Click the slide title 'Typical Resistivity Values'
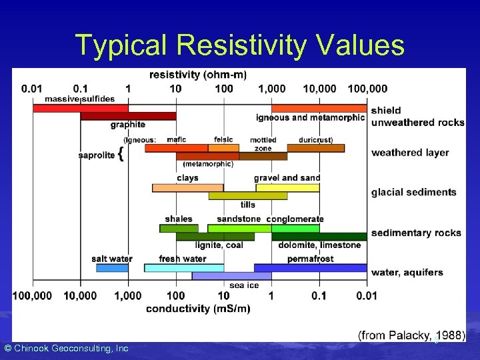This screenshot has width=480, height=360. [x=239, y=45]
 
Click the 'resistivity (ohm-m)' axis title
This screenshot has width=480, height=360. [x=198, y=75]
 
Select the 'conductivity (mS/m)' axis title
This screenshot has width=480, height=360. [x=198, y=308]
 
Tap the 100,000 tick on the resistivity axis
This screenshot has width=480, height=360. [x=367, y=88]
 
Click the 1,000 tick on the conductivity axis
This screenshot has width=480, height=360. [x=127, y=295]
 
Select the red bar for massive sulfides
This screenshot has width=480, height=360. [x=80, y=107]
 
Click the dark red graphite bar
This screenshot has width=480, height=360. [x=128, y=116]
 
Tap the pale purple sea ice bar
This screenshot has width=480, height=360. [x=223, y=275]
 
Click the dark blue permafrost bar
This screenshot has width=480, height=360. [x=310, y=267]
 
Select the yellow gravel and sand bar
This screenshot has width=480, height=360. [x=287, y=187]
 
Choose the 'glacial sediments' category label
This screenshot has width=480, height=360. [x=413, y=192]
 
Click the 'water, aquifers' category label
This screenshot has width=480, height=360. [x=407, y=272]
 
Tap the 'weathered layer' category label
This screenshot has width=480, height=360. [x=410, y=153]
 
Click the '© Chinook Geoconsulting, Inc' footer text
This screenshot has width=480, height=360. [x=66, y=348]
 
